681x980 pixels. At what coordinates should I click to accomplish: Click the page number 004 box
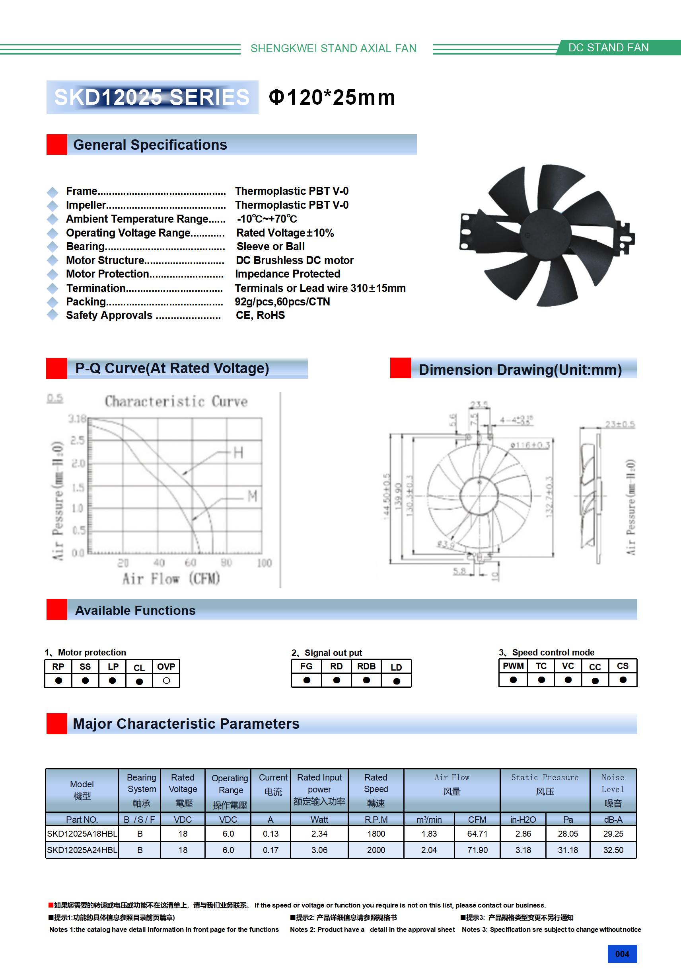[x=622, y=954]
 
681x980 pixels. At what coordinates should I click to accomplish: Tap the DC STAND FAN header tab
[x=609, y=47]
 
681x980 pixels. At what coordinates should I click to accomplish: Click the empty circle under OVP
[x=166, y=681]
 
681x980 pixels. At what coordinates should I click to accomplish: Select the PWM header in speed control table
[x=513, y=666]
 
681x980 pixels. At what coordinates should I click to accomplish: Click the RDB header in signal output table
[x=366, y=666]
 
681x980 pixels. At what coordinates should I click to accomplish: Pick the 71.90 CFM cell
[x=477, y=850]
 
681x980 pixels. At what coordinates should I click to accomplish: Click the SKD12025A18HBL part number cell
[x=82, y=833]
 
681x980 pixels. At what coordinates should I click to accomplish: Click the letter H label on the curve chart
[x=238, y=452]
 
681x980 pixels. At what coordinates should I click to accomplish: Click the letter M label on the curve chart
[x=253, y=496]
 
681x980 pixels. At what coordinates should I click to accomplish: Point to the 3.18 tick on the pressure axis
[x=77, y=418]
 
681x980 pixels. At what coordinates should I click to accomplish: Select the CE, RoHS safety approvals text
[x=260, y=315]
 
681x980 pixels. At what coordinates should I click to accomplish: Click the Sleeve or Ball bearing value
[x=270, y=246]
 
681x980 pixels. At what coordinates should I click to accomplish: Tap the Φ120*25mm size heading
[x=332, y=97]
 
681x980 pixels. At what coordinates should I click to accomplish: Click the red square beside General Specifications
[x=57, y=145]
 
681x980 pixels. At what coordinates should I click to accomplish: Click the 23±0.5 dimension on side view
[x=620, y=424]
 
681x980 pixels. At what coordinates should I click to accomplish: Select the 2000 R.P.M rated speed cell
[x=376, y=850]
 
